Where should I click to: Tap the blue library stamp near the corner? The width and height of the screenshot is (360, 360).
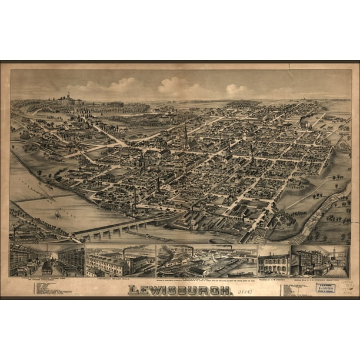point(325,288)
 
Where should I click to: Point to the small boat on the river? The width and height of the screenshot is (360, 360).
point(57,214)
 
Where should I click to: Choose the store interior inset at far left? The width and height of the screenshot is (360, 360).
point(46,261)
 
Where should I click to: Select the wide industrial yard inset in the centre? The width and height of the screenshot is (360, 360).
point(206,261)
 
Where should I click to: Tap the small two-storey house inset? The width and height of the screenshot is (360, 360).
point(274,263)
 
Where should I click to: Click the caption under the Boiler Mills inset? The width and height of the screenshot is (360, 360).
point(121,278)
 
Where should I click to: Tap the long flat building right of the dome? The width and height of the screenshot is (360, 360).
point(114,104)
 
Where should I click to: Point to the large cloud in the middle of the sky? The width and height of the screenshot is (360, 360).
point(176,87)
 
